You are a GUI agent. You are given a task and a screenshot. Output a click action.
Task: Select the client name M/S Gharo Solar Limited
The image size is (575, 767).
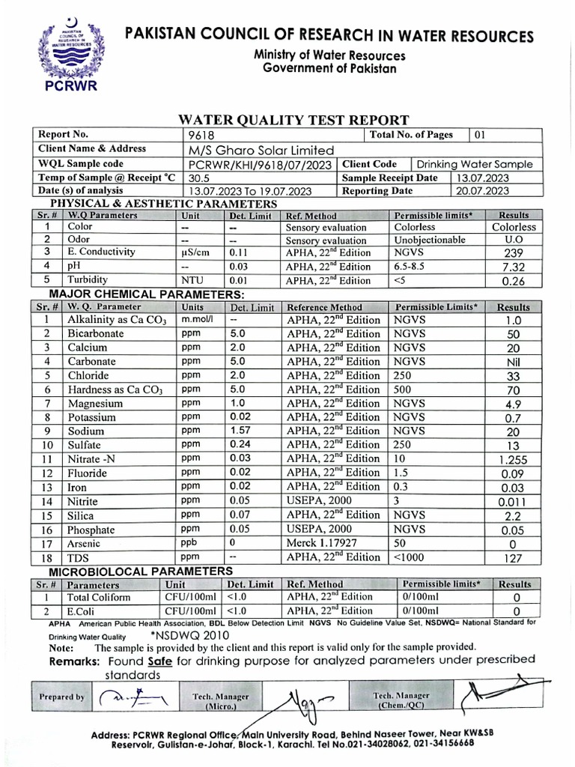[254, 149]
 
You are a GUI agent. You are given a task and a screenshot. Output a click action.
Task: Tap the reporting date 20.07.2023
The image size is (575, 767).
[483, 191]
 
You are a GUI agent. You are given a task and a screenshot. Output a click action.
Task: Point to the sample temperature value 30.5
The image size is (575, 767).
[199, 178]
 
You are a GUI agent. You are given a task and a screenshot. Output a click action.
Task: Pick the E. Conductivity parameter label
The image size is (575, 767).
[101, 252]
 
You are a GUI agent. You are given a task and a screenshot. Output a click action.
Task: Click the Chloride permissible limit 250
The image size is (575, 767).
[404, 375]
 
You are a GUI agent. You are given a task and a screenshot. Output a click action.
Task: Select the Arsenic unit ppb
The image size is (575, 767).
[189, 542]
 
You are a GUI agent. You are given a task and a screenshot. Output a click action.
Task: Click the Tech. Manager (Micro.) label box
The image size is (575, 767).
[221, 700]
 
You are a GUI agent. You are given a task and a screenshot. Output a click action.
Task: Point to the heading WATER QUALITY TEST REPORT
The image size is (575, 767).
[293, 119]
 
